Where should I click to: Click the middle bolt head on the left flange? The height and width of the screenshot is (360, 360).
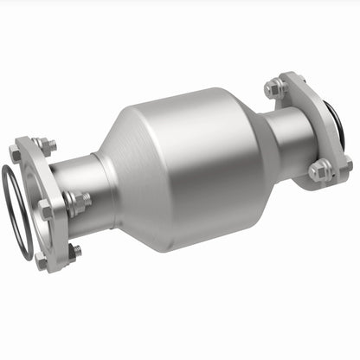(44, 209)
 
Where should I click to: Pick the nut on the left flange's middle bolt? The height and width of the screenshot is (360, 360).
(73, 203)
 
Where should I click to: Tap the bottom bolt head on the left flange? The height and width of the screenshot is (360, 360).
(42, 260)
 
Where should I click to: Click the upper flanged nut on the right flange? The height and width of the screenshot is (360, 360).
(276, 87)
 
